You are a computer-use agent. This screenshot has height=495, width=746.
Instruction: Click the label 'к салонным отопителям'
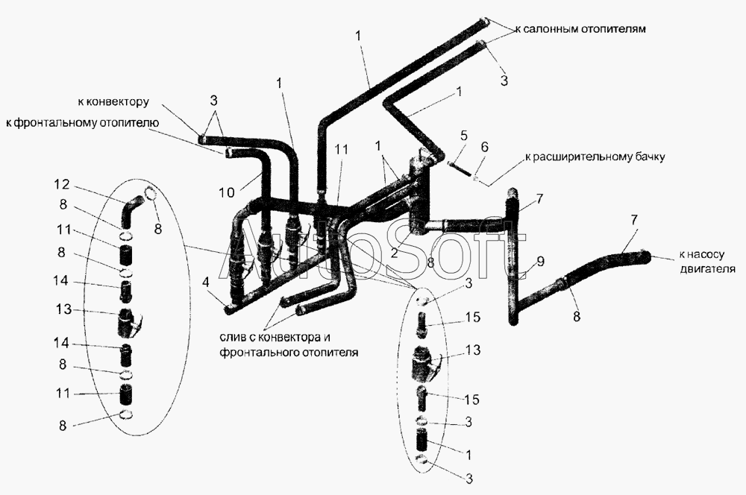[x=580, y=28]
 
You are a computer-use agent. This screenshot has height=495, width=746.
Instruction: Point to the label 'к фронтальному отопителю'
[x=82, y=123]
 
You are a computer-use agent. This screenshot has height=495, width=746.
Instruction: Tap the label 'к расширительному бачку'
[x=595, y=157]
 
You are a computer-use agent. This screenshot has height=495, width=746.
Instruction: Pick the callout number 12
[x=62, y=184]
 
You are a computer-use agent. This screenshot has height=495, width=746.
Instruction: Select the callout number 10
[x=227, y=192]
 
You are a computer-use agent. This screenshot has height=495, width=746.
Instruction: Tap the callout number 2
[x=394, y=253]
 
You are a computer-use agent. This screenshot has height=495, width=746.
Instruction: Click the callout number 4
[x=205, y=282]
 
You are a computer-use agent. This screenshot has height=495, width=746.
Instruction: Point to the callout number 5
[x=464, y=135]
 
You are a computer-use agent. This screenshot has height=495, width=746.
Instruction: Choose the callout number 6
[x=484, y=147]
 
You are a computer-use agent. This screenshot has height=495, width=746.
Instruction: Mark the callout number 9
[x=540, y=262]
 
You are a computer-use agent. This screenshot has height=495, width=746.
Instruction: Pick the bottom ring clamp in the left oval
[x=125, y=414]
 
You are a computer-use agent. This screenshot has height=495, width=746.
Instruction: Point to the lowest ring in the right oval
[x=421, y=459]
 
